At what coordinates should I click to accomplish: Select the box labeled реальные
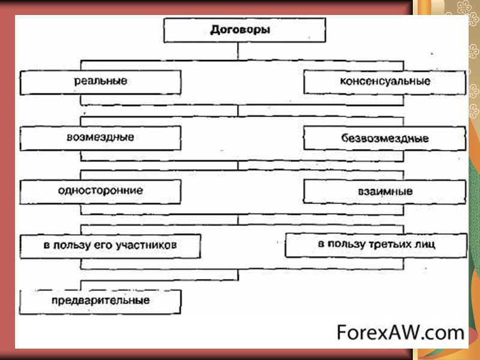click(x=100, y=82)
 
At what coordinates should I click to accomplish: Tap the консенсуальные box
click(x=385, y=82)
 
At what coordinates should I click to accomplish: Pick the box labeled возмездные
click(x=100, y=138)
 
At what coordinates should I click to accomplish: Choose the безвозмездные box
click(x=385, y=139)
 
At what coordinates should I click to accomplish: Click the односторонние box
click(x=100, y=191)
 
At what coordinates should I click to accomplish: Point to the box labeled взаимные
click(x=385, y=192)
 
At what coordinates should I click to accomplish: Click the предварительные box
click(x=100, y=300)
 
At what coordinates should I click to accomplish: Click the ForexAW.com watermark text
click(x=400, y=332)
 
